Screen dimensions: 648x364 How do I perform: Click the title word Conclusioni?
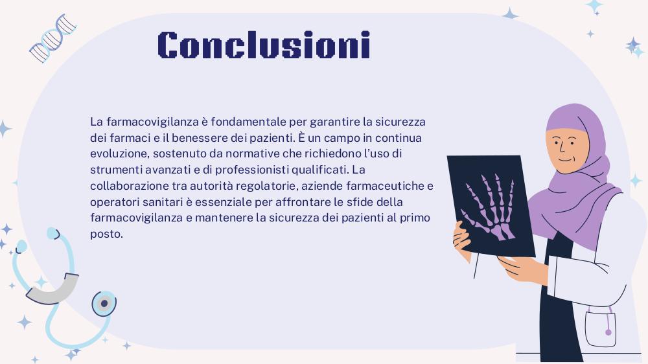264,45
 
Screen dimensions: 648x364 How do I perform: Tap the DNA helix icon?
53,38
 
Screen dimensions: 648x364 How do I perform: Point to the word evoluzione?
120,154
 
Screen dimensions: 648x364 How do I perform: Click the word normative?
252,154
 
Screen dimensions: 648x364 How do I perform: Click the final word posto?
106,234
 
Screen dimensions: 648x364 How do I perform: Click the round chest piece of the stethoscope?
104,304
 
